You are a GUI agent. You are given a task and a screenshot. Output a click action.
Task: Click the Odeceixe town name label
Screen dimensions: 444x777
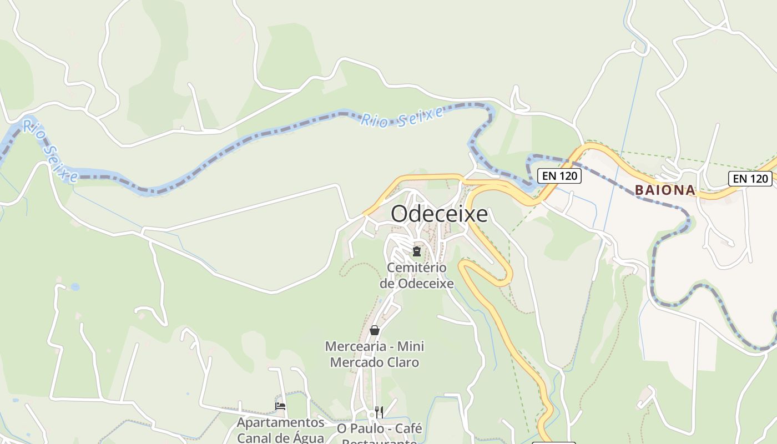pyautogui.click(x=439, y=214)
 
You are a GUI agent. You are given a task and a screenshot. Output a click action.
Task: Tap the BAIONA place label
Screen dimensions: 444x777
pyautogui.click(x=665, y=190)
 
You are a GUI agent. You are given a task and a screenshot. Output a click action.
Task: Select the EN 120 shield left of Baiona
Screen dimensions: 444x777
pyautogui.click(x=559, y=176)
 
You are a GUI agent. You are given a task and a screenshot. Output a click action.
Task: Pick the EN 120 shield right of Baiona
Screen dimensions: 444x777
pyautogui.click(x=750, y=178)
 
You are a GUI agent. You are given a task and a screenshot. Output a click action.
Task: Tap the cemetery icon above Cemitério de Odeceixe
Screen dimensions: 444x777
pyautogui.click(x=416, y=251)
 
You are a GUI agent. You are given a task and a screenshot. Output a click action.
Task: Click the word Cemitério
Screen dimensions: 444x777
pyautogui.click(x=416, y=268)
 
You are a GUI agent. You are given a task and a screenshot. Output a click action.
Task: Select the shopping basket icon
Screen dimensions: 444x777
pyautogui.click(x=375, y=330)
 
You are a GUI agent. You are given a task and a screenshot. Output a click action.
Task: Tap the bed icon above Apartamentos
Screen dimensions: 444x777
pyautogui.click(x=280, y=406)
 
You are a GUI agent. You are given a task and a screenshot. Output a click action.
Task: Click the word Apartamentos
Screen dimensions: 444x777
pyautogui.click(x=280, y=422)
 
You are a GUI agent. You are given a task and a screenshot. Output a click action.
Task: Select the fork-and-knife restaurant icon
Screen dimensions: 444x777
pyautogui.click(x=379, y=412)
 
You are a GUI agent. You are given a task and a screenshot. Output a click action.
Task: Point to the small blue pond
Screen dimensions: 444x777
pyautogui.click(x=75, y=287)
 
